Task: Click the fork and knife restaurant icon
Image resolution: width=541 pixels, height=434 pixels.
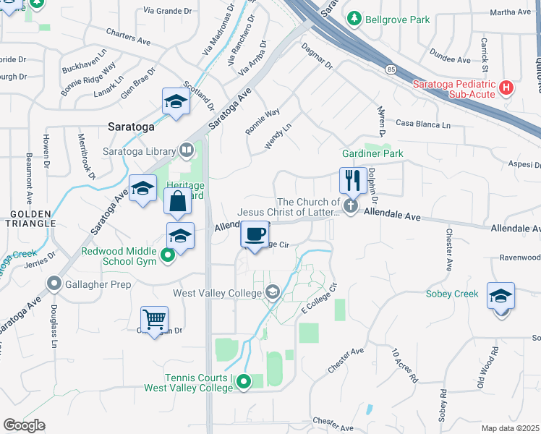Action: pyautogui.click(x=352, y=179)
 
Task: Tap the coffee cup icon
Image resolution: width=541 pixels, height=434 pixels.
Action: pyautogui.click(x=255, y=234)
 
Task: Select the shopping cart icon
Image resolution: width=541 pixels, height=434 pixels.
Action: pyautogui.click(x=155, y=318)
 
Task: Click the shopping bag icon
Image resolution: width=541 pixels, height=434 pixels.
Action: pyautogui.click(x=178, y=201)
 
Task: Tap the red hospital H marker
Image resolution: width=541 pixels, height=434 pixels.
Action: pyautogui.click(x=507, y=88)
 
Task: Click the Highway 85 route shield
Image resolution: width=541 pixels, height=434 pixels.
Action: pyautogui.click(x=391, y=69)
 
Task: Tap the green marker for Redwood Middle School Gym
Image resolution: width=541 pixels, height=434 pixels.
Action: pyautogui.click(x=168, y=255)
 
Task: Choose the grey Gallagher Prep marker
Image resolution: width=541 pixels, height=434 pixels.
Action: pyautogui.click(x=54, y=284)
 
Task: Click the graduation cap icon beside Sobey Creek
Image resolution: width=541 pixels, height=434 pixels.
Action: pyautogui.click(x=500, y=296)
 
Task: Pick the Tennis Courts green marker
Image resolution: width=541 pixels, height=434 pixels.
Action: pyautogui.click(x=244, y=382)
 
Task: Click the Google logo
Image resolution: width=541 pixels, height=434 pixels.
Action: pyautogui.click(x=24, y=425)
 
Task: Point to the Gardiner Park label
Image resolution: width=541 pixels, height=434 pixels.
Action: pyautogui.click(x=372, y=153)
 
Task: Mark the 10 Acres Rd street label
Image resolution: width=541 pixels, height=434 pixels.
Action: pyautogui.click(x=405, y=365)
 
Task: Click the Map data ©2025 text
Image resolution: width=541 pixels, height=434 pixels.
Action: pyautogui.click(x=511, y=428)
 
